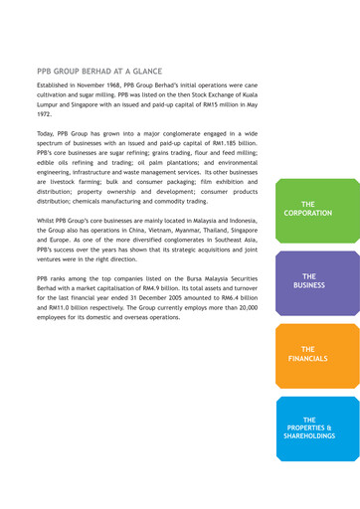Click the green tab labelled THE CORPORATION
click(308, 208)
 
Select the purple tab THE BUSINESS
click(308, 280)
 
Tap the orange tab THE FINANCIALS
click(308, 353)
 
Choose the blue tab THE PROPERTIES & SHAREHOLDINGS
click(308, 427)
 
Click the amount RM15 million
click(205, 102)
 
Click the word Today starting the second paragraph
click(46, 133)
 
